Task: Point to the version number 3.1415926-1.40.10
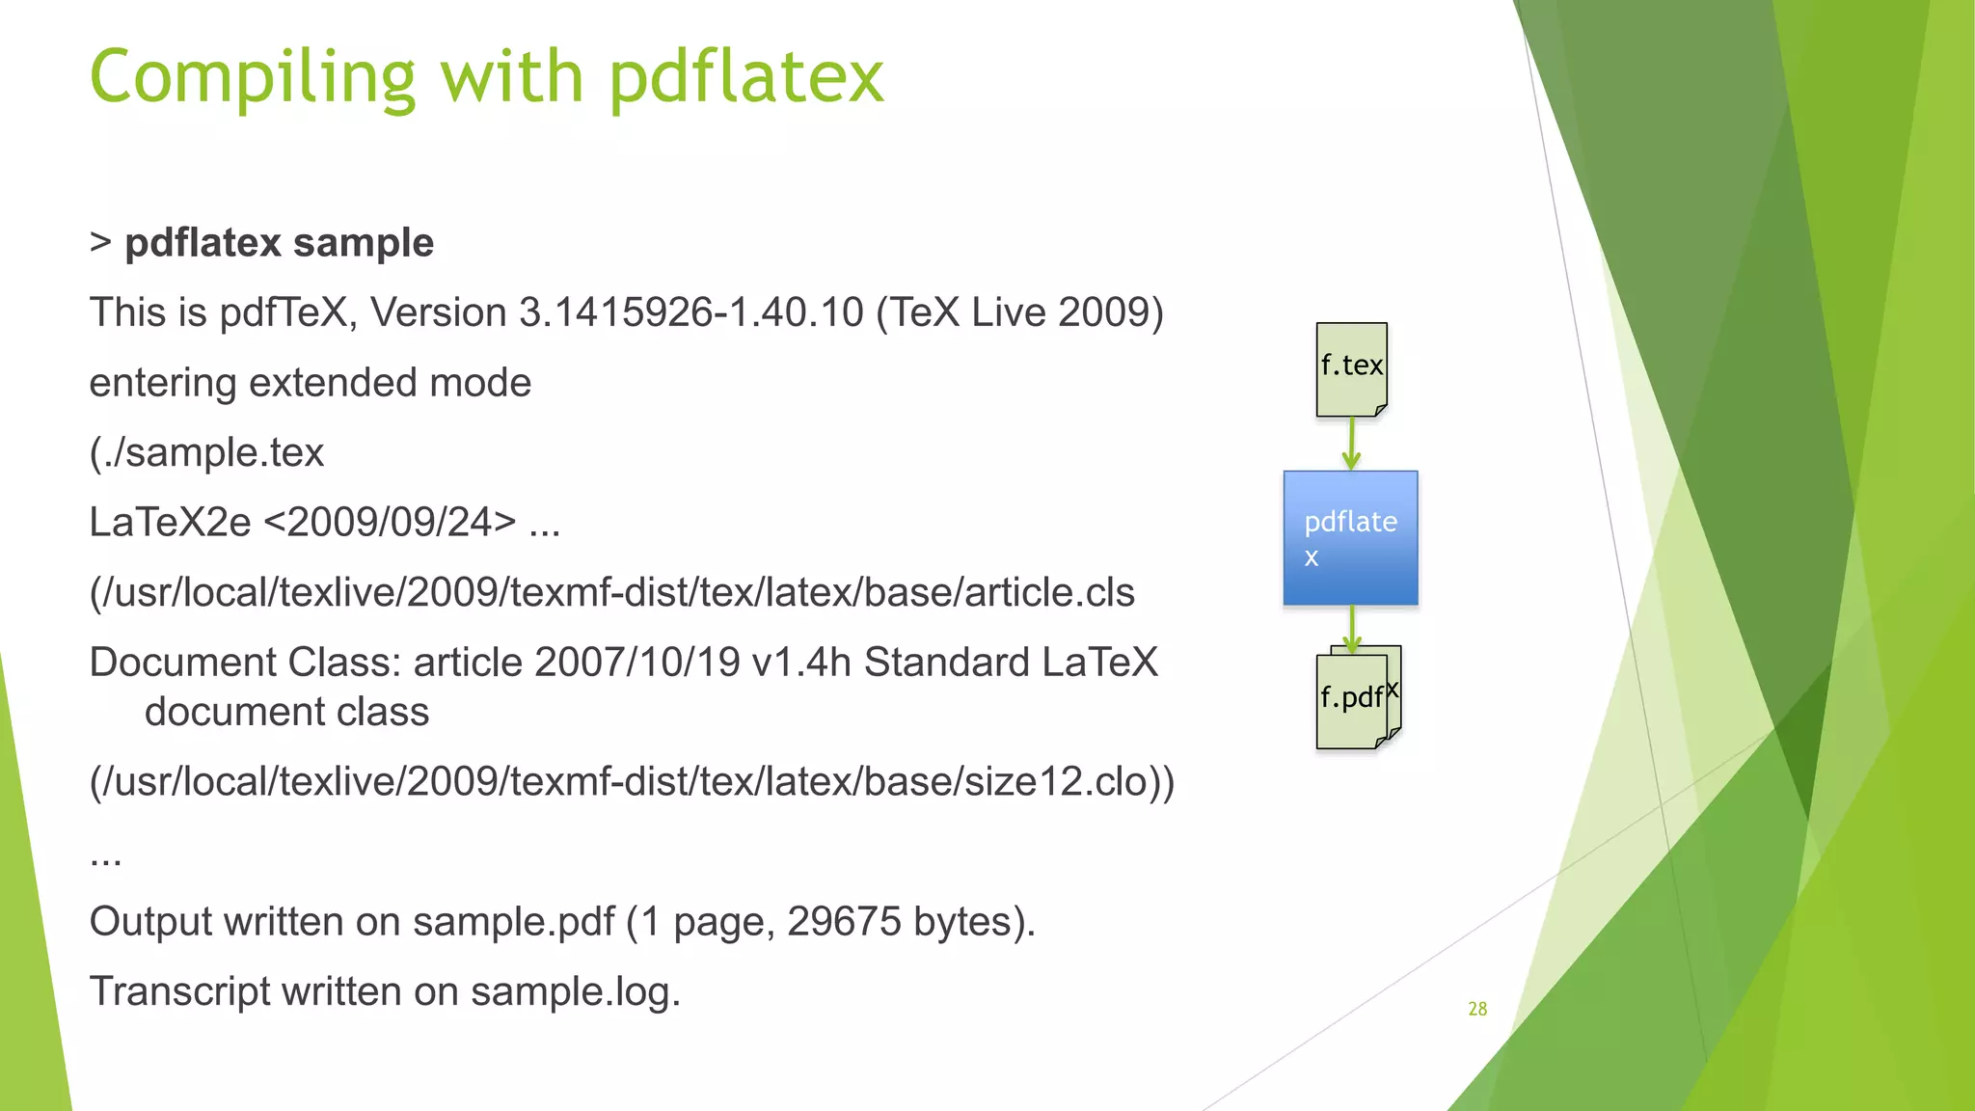point(690,312)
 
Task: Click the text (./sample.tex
point(206,452)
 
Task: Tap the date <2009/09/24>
point(390,523)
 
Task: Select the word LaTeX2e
point(170,523)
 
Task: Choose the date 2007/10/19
point(636,663)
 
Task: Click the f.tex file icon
point(1351,369)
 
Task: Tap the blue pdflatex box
point(1350,538)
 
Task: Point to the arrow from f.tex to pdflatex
point(1351,444)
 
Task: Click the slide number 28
point(1477,1009)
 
